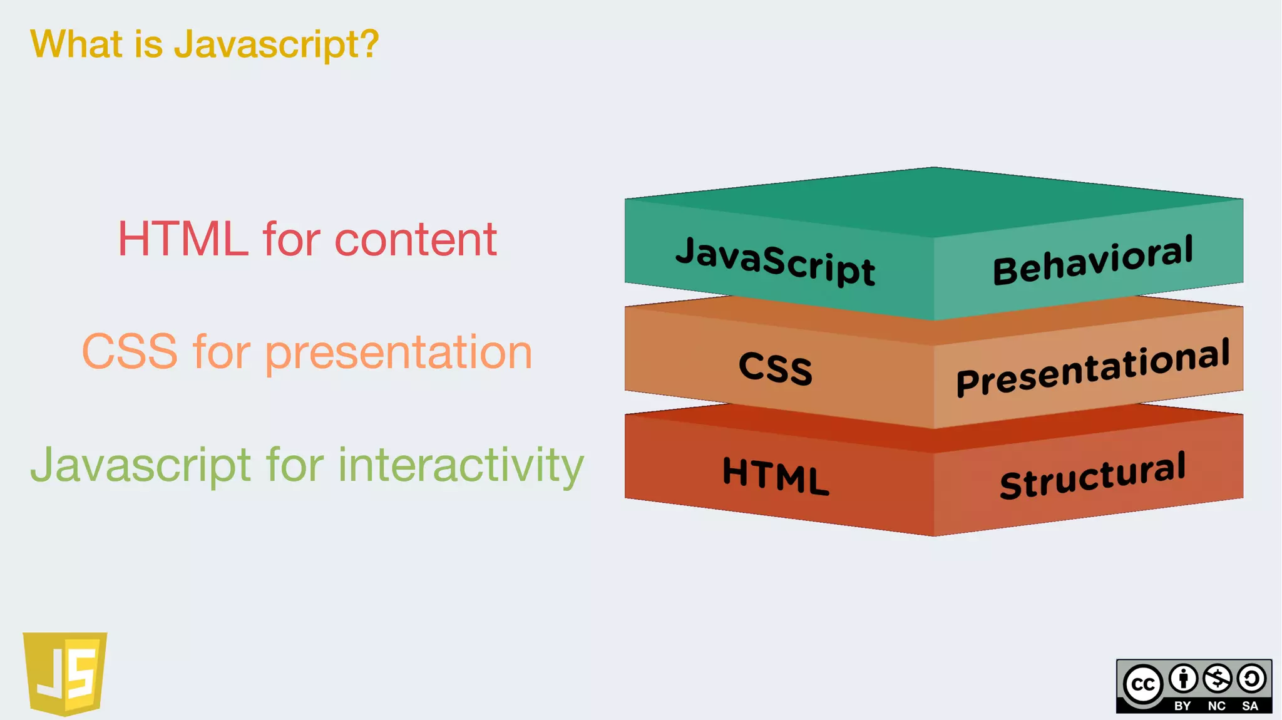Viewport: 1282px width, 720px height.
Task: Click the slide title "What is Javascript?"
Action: coord(204,44)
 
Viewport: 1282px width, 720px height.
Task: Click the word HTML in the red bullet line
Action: coord(183,239)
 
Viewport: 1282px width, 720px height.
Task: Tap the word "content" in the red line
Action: coord(416,239)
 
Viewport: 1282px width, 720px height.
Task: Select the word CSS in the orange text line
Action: coord(130,352)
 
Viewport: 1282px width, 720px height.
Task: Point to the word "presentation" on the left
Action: coord(398,353)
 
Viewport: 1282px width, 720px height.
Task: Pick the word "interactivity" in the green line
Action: coord(461,466)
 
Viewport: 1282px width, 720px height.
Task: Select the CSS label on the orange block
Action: coord(776,368)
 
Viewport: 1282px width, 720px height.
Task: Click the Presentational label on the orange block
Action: coord(1093,368)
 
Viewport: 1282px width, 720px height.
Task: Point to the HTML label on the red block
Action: coord(776,476)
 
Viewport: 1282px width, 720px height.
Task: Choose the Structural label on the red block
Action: coord(1093,476)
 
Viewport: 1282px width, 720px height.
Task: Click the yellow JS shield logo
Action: coord(65,673)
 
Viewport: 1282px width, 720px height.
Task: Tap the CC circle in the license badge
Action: coord(1143,684)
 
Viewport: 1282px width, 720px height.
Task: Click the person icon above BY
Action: coord(1183,679)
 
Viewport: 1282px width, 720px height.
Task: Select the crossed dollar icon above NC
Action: coord(1218,679)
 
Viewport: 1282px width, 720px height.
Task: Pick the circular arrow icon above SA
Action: coord(1251,679)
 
